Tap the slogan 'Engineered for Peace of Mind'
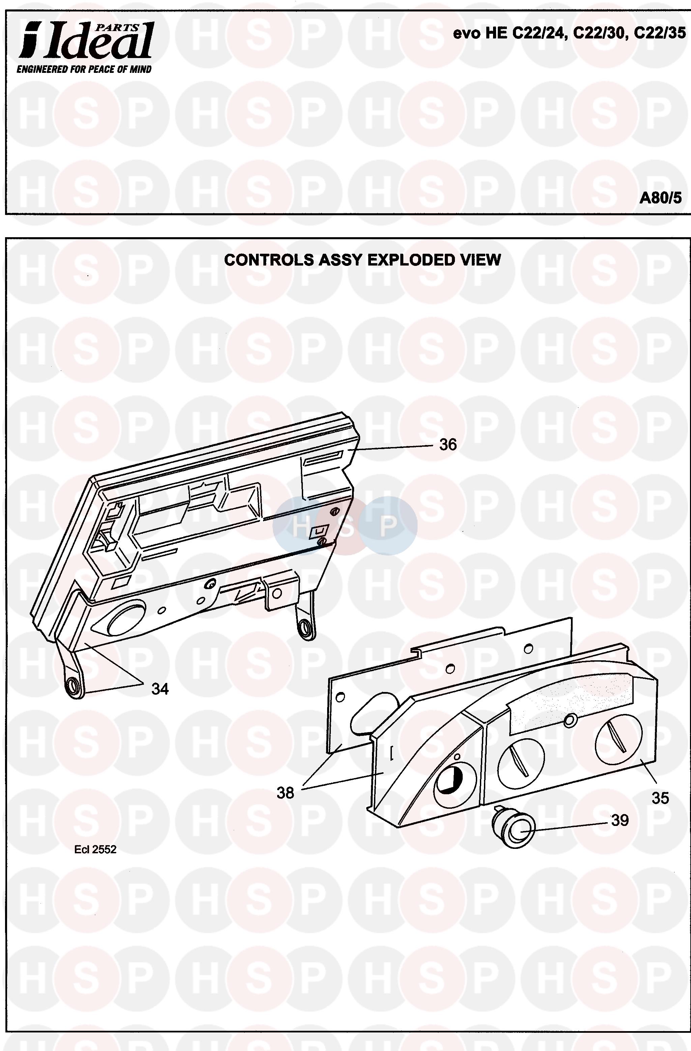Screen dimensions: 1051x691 point(84,69)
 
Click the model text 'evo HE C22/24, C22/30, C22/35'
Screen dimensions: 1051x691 point(570,33)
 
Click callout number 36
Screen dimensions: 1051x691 point(448,445)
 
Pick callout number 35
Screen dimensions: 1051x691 point(660,798)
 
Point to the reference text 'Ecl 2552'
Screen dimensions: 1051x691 point(95,850)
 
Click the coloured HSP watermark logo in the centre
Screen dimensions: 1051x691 point(345,526)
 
